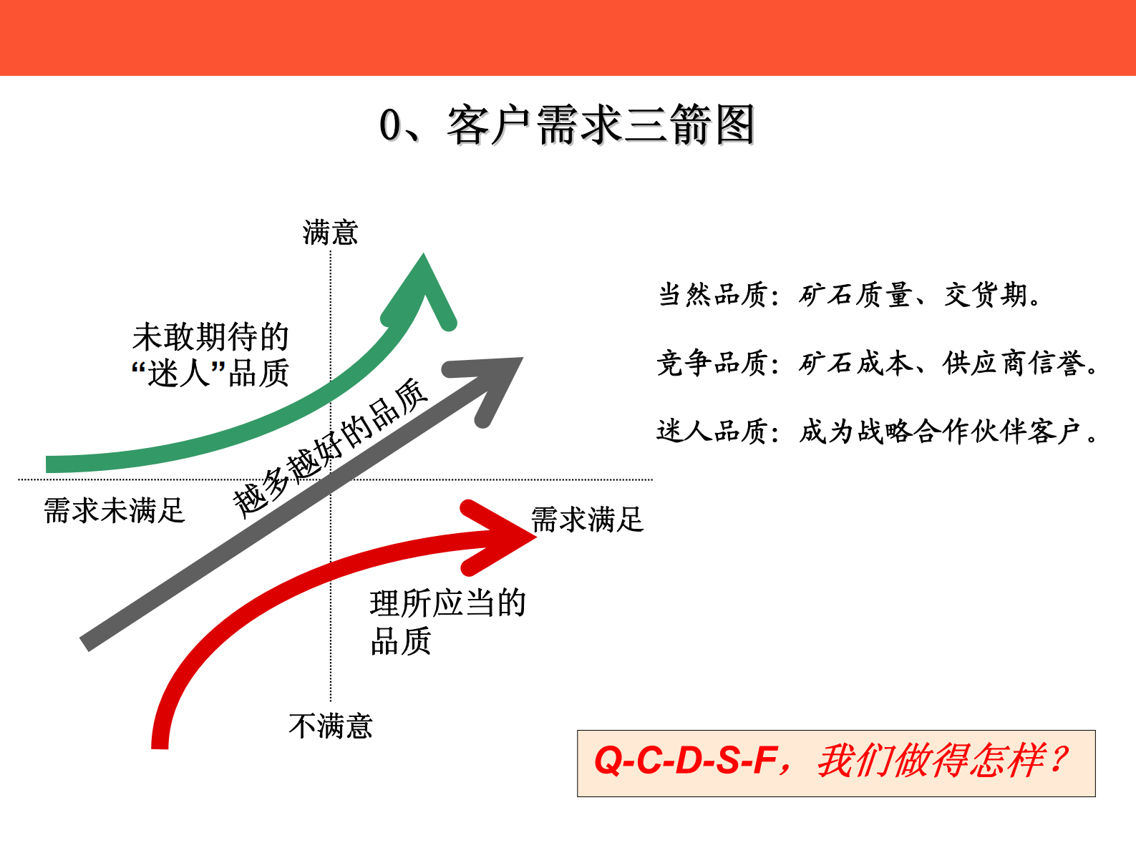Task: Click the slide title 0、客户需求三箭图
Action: (567, 125)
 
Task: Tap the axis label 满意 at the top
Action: (330, 233)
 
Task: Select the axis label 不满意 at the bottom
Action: (331, 726)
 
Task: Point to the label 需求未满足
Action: (115, 511)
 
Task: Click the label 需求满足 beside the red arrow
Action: (587, 520)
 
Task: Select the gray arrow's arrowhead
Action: (494, 379)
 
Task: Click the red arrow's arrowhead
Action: (501, 537)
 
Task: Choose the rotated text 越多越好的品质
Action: (331, 449)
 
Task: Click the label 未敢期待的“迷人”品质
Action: (210, 355)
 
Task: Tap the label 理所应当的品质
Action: (447, 622)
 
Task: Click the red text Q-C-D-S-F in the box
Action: (685, 761)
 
